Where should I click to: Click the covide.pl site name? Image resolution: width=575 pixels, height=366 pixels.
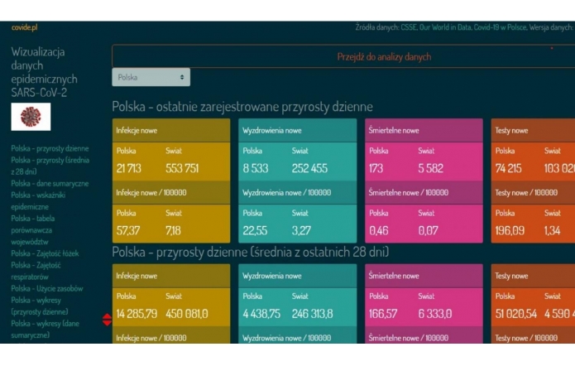[25, 27]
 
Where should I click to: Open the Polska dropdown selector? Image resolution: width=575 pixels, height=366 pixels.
[151, 77]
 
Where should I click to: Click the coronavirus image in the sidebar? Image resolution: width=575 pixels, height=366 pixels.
[31, 117]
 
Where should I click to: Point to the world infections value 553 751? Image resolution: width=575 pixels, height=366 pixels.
[182, 168]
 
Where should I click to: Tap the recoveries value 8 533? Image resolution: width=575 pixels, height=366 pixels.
[255, 168]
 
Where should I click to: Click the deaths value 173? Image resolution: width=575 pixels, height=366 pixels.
[376, 168]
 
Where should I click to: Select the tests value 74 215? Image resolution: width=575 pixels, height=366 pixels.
[510, 168]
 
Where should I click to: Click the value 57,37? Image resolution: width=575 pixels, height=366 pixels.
[128, 230]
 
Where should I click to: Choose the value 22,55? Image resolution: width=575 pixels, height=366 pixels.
[255, 230]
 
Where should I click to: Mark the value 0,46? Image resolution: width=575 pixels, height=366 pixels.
[380, 230]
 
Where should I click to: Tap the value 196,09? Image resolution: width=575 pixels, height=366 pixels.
[510, 230]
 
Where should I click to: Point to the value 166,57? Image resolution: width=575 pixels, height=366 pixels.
[383, 313]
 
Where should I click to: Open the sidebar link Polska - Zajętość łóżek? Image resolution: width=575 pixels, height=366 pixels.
[45, 253]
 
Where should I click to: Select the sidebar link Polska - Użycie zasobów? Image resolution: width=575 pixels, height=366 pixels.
[46, 288]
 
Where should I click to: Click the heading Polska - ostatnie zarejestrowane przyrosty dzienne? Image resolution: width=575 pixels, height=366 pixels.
[242, 107]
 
